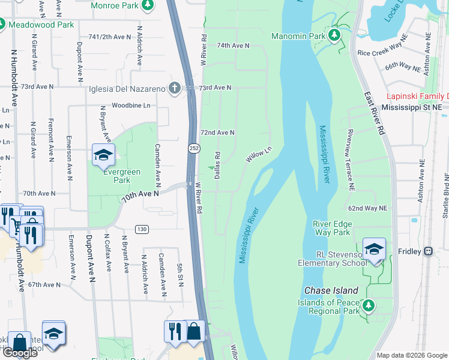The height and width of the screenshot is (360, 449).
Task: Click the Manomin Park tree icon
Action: pyautogui.click(x=335, y=35)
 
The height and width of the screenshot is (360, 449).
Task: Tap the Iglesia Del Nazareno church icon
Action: pyautogui.click(x=175, y=88)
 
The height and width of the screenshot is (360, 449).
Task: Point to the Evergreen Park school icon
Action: pyautogui.click(x=103, y=154)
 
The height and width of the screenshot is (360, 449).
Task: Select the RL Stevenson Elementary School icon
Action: pyautogui.click(x=373, y=248)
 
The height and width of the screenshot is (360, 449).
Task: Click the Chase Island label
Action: pyautogui.click(x=332, y=290)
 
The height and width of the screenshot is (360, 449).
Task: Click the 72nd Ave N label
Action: pyautogui.click(x=217, y=132)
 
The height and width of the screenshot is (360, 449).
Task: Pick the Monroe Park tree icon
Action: pyautogui.click(x=147, y=5)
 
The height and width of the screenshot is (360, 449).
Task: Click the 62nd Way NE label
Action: pyautogui.click(x=367, y=208)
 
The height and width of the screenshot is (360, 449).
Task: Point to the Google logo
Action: pyautogui.click(x=20, y=353)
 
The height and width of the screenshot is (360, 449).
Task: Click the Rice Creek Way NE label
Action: pyautogui.click(x=382, y=53)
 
